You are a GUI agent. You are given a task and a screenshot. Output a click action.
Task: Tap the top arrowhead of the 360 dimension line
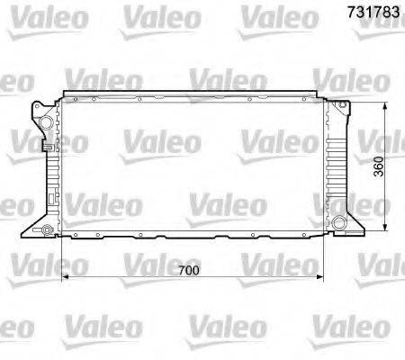point(385,104)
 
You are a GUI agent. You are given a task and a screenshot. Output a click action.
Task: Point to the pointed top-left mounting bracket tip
point(34,109)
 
